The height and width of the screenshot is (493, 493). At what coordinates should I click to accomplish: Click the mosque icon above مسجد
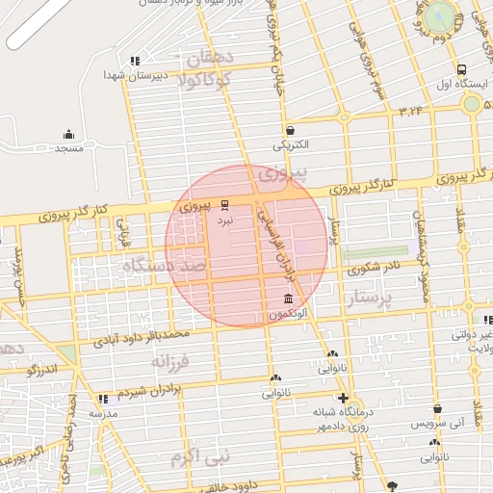[68, 135]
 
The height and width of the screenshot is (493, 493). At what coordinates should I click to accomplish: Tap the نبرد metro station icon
[224, 205]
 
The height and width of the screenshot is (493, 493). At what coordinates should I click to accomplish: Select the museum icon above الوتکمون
[289, 299]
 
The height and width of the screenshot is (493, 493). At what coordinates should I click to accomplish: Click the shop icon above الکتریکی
[290, 130]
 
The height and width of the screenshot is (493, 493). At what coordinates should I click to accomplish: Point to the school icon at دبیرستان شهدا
[135, 60]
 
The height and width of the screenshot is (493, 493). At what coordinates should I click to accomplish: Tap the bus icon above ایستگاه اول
[462, 70]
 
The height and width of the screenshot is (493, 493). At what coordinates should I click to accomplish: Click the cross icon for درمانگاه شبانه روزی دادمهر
[343, 398]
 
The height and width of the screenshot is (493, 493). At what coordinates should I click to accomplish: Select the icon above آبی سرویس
[437, 408]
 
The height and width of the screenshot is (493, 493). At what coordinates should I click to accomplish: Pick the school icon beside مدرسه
[102, 399]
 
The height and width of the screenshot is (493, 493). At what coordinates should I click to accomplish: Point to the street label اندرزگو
[42, 369]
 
